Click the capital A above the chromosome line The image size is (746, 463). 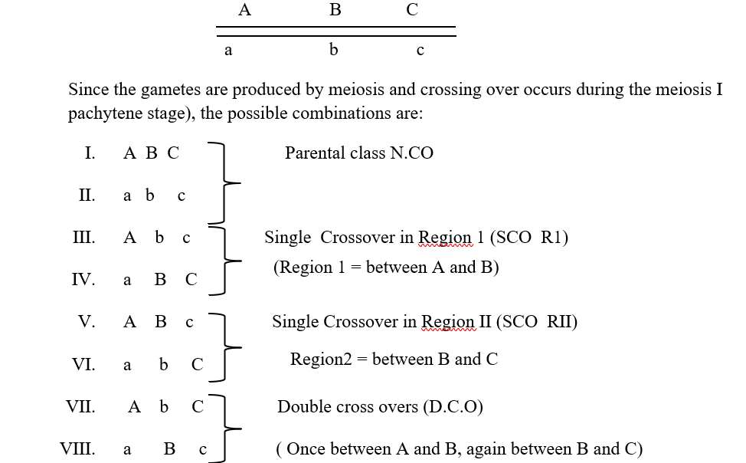[244, 9]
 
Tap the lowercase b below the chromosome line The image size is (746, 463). [333, 49]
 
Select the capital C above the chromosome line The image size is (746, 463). [412, 9]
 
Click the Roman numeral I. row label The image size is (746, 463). [90, 153]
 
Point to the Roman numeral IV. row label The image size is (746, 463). [83, 279]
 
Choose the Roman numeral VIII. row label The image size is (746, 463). [77, 448]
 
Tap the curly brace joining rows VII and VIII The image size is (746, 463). [224, 429]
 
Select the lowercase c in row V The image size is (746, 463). [189, 323]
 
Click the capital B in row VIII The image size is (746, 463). [169, 448]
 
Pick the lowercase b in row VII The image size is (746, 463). [164, 406]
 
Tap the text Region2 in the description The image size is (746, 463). [321, 360]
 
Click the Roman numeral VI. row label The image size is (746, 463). [83, 364]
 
